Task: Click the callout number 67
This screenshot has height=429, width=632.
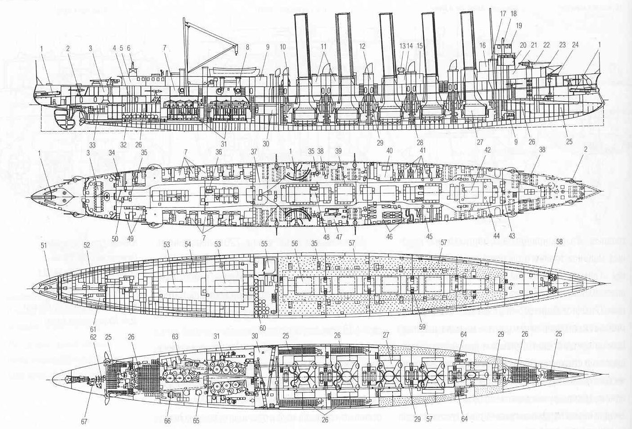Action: click(x=84, y=421)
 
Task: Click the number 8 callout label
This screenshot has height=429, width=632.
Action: click(x=247, y=47)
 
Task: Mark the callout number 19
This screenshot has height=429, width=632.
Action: click(x=519, y=26)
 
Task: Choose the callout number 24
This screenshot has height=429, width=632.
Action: click(x=575, y=45)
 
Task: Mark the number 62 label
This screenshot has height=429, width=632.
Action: click(x=93, y=336)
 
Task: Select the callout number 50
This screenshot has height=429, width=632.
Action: click(x=115, y=239)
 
